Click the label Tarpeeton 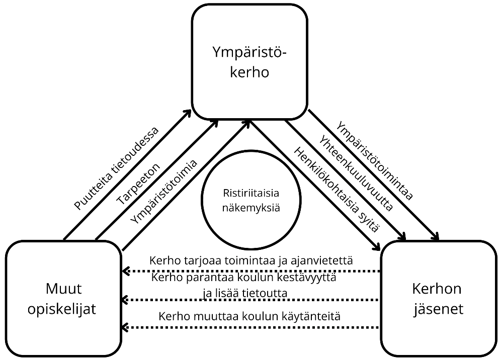[138, 184]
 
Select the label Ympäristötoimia [163, 192]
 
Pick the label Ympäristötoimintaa [374, 161]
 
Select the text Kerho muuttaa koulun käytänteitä [250, 317]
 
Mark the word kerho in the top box [249, 71]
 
